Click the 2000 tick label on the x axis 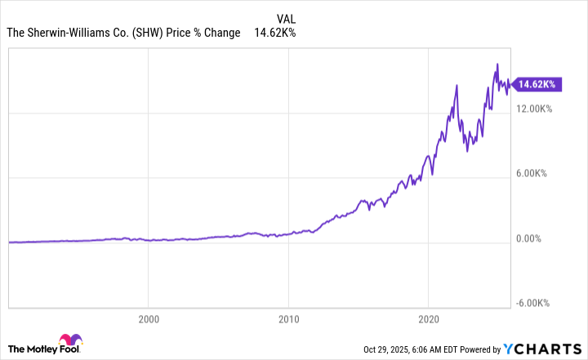148,318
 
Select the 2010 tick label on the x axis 288,318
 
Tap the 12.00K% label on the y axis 534,109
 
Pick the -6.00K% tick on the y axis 535,303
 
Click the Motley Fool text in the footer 31,345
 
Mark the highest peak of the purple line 497,64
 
